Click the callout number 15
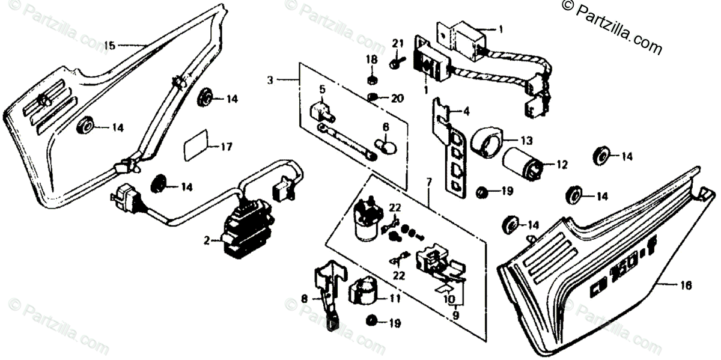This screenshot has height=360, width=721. [109, 45]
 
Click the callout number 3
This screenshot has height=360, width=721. [270, 79]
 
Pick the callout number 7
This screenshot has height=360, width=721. [429, 181]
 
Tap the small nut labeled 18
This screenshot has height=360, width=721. [371, 80]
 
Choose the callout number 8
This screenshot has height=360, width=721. [304, 297]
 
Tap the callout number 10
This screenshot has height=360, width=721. [447, 299]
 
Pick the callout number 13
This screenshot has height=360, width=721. [526, 141]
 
